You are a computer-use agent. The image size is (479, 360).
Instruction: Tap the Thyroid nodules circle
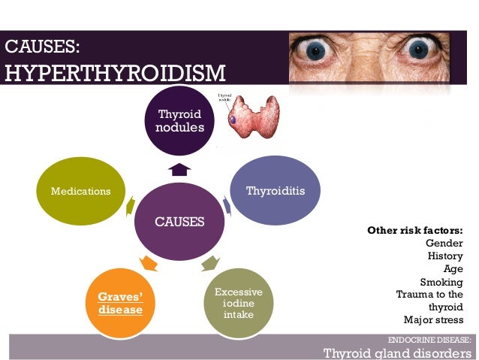[180, 120]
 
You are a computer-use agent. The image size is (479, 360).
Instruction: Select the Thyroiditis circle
[276, 191]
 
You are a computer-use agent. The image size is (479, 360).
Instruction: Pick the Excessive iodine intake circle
[233, 302]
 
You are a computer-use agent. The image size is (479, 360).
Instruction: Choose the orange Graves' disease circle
[119, 303]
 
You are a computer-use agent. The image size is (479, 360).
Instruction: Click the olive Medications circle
[80, 191]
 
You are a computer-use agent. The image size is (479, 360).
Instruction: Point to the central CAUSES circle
[179, 222]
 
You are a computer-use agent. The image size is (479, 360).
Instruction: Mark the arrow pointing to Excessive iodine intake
[209, 263]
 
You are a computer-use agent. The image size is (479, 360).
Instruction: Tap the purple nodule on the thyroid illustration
[233, 119]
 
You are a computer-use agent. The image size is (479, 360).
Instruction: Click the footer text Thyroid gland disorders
[398, 352]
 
